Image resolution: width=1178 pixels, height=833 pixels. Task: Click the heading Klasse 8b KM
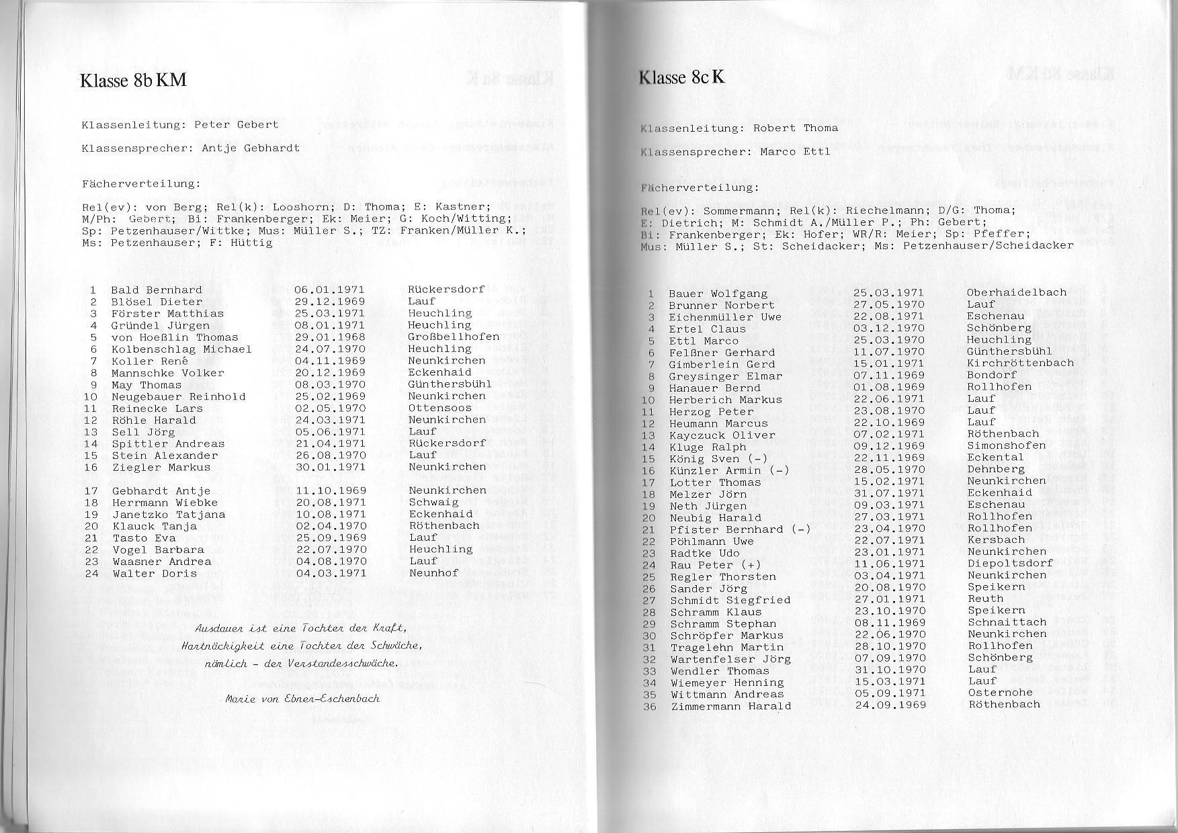pyautogui.click(x=133, y=81)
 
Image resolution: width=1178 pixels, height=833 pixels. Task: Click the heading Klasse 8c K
pyautogui.click(x=681, y=77)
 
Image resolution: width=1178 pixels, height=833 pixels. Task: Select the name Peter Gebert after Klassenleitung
pyautogui.click(x=236, y=124)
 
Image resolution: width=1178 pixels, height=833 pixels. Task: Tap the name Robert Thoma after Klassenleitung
pyautogui.click(x=795, y=128)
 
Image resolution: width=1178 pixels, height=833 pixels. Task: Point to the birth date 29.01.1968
pyautogui.click(x=329, y=337)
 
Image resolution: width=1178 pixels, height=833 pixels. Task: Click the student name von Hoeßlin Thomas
pyautogui.click(x=175, y=337)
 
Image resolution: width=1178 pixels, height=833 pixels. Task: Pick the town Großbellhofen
pyautogui.click(x=454, y=337)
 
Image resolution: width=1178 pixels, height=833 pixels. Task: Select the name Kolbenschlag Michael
pyautogui.click(x=181, y=349)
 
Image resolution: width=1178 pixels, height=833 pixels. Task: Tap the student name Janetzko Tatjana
pyautogui.click(x=169, y=515)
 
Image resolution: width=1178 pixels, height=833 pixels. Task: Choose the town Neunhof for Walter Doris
pyautogui.click(x=433, y=573)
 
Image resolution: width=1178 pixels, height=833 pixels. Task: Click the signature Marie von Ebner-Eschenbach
pyautogui.click(x=302, y=699)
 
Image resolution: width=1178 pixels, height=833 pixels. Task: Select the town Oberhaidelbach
pyautogui.click(x=1016, y=292)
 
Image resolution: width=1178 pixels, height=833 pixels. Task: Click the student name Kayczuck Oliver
pyautogui.click(x=722, y=435)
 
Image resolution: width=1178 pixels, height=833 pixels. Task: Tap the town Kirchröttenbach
pyautogui.click(x=1020, y=363)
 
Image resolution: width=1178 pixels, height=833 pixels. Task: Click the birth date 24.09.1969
pyautogui.click(x=890, y=705)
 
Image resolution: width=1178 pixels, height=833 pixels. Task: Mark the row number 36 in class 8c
pyautogui.click(x=649, y=706)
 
